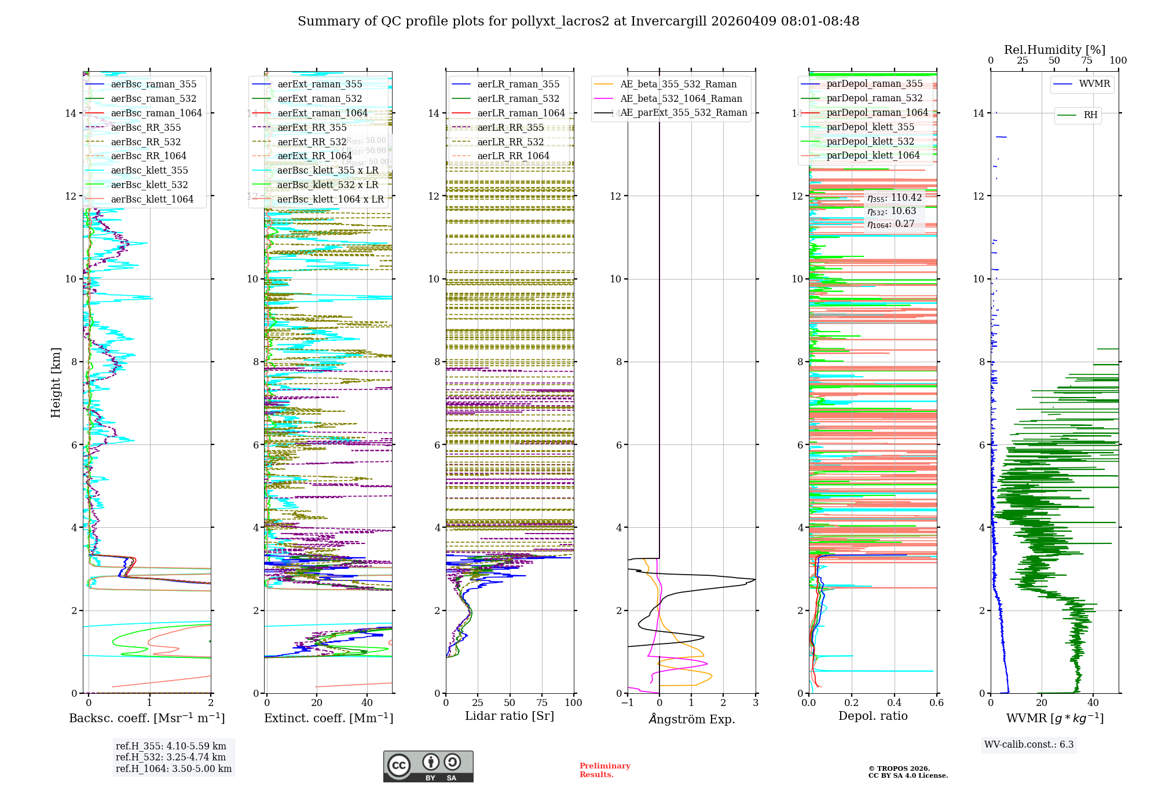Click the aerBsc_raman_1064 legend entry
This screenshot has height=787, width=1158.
tap(156, 113)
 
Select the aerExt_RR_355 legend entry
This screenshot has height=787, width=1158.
tap(312, 127)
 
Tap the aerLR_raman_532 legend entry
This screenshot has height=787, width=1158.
tap(518, 98)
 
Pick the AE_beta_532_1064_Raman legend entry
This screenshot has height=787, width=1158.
tap(681, 98)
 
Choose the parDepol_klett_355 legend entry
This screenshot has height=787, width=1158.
tap(870, 127)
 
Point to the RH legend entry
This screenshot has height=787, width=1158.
tap(1090, 115)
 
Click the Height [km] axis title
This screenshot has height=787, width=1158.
tap(56, 382)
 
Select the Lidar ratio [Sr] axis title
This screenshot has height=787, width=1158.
tap(510, 716)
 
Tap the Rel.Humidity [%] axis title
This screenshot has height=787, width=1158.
tap(1054, 50)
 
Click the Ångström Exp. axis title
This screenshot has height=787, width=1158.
tap(691, 719)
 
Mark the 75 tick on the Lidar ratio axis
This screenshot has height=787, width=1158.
tap(542, 703)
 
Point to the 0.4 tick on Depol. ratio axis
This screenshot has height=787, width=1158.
tap(894, 703)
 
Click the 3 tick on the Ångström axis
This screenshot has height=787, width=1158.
tap(755, 703)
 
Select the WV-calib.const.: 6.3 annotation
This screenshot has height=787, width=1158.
tap(1029, 744)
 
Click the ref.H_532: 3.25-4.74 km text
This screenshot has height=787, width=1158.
tap(171, 757)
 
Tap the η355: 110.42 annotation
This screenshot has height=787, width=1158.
tap(894, 198)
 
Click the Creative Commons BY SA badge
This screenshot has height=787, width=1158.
tap(428, 766)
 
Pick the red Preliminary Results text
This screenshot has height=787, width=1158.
tap(604, 770)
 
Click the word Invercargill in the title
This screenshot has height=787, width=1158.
tap(669, 21)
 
